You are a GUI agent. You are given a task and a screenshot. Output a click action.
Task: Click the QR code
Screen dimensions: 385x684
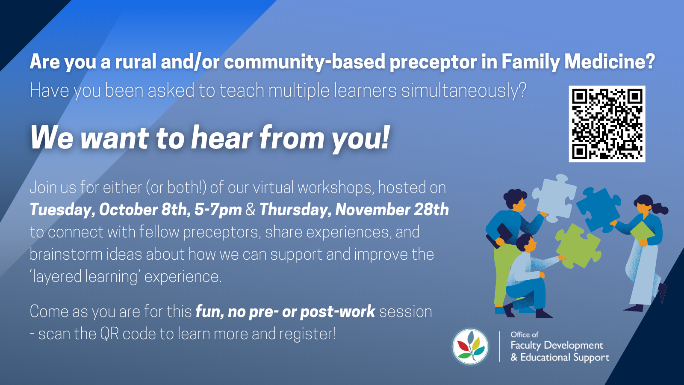click(607, 124)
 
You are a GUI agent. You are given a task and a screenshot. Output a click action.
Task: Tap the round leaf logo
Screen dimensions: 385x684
click(470, 346)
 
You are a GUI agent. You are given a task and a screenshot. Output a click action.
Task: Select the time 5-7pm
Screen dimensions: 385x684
click(218, 210)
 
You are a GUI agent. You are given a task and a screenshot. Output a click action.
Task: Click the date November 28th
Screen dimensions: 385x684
click(392, 210)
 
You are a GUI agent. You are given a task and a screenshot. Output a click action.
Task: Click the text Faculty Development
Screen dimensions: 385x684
click(557, 345)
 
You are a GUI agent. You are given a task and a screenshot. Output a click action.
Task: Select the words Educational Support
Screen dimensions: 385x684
click(564, 357)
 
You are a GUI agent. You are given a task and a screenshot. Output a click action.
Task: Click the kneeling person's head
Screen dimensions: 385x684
click(526, 243)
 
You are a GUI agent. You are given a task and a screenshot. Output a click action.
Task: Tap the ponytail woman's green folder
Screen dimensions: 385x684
click(642, 231)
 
